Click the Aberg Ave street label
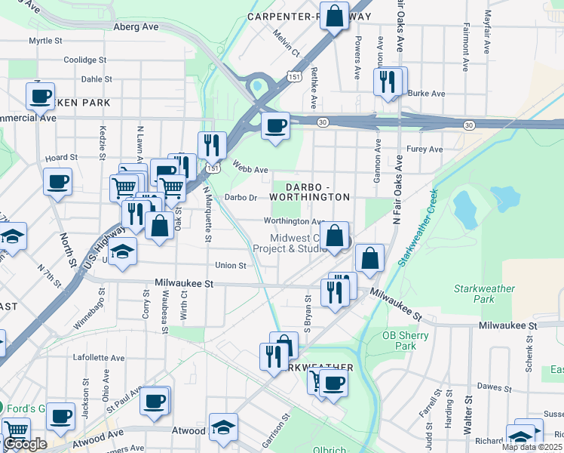click(x=136, y=26)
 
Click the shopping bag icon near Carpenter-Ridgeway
click(x=334, y=16)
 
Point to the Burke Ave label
click(x=426, y=94)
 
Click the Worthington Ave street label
click(x=293, y=221)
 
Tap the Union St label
click(x=231, y=266)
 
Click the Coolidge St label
click(x=84, y=60)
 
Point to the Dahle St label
click(x=97, y=79)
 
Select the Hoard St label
click(x=61, y=158)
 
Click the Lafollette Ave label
click(x=98, y=358)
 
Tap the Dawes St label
click(x=495, y=387)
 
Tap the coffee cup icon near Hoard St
click(x=58, y=182)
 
